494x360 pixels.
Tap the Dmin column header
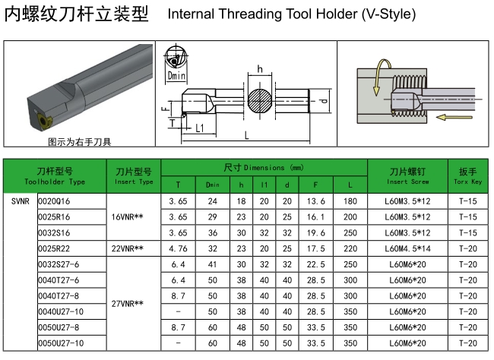[x=212, y=185]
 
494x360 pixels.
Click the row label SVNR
[x=20, y=201]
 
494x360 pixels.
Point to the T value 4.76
[x=178, y=248]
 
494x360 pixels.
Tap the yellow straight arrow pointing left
[x=457, y=118]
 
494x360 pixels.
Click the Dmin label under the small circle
[x=176, y=76]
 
